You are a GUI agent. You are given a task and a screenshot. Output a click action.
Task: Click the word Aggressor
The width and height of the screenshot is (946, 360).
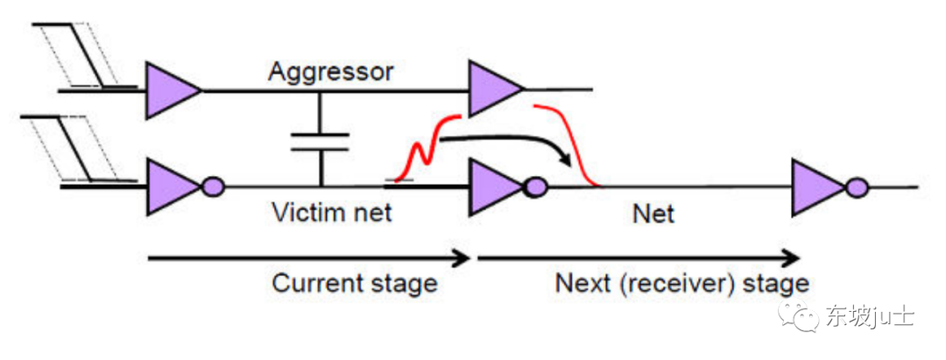pos(330,71)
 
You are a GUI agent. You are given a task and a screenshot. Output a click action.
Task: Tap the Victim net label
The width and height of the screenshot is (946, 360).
pos(331,212)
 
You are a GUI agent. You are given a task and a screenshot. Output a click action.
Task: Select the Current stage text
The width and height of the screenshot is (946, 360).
pos(354,284)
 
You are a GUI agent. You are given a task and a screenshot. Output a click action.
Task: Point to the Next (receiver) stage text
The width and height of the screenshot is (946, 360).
pos(681,284)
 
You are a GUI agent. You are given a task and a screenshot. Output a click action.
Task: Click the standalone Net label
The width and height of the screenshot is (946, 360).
pos(653,213)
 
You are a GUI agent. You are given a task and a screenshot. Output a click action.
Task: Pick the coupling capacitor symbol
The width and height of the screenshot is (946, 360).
pos(320,142)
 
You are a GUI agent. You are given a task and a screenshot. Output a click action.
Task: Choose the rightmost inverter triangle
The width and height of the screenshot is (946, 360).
pos(816,187)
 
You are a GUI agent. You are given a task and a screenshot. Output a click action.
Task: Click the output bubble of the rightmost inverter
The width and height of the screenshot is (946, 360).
pos(858,187)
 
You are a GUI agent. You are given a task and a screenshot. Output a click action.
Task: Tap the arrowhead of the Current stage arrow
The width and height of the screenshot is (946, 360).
pos(462,258)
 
